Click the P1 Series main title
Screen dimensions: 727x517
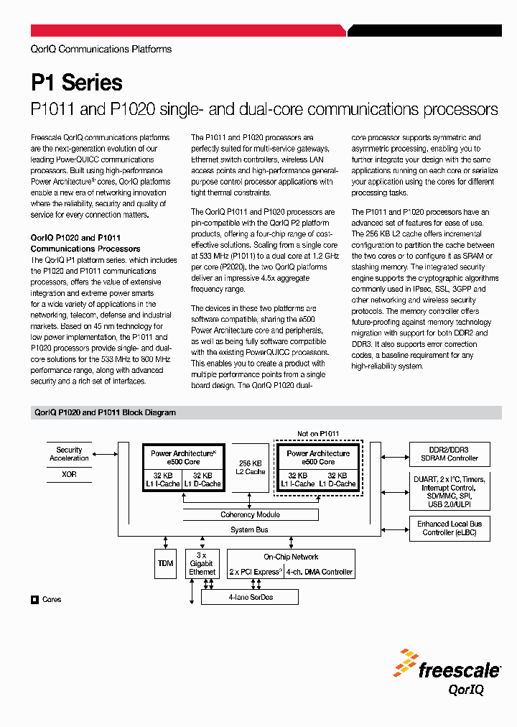77,83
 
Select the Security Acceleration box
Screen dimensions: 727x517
70,454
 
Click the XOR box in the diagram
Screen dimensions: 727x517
70,475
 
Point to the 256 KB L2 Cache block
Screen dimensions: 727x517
251,467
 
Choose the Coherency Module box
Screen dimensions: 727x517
250,514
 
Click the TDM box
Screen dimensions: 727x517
165,564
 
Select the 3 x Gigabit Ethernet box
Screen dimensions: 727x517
202,564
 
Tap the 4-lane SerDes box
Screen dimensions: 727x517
250,597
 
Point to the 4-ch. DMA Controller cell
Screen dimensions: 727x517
320,572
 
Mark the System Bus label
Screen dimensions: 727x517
249,529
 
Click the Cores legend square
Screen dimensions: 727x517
34,599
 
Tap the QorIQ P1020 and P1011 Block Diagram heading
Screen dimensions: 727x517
105,413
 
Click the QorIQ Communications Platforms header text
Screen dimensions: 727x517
101,49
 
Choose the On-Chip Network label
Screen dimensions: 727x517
291,557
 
